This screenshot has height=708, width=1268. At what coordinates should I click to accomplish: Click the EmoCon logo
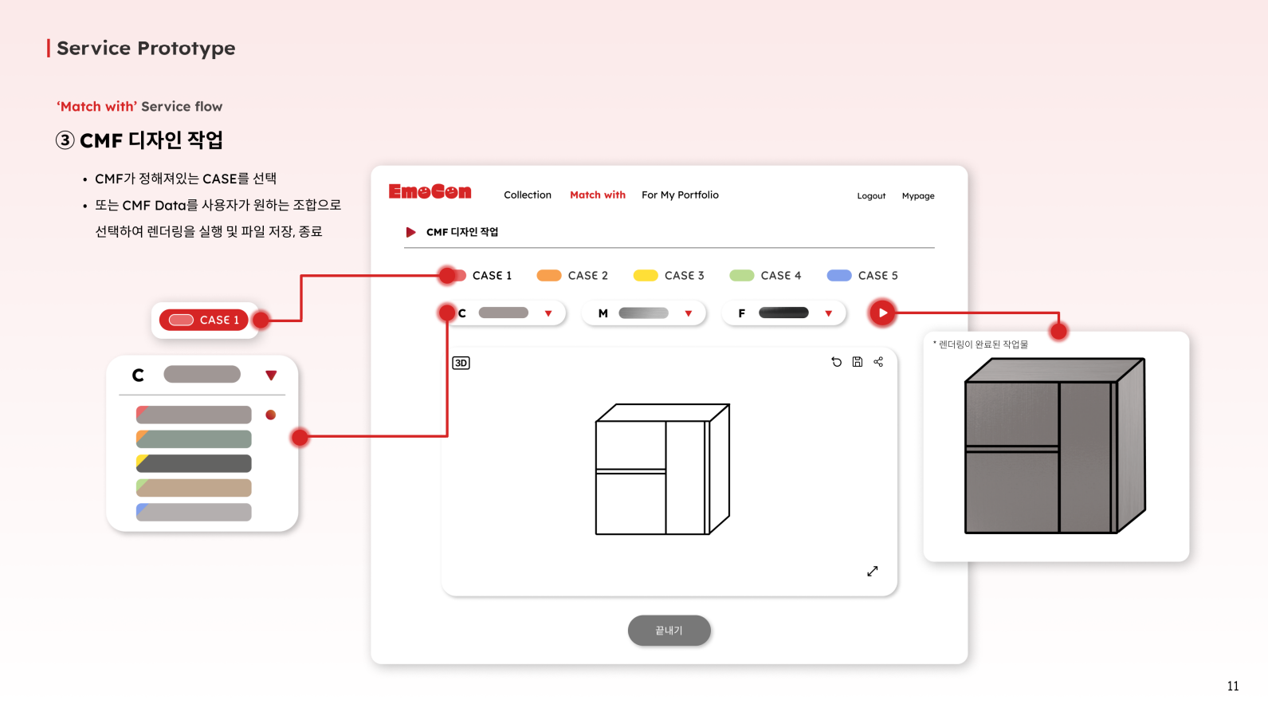[430, 191]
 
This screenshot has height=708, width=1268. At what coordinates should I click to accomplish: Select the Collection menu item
[527, 195]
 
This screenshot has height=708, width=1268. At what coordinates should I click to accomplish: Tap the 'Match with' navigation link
[597, 195]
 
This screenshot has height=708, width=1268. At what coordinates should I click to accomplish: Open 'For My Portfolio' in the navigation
[680, 195]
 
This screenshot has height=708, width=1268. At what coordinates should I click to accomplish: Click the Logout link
[870, 196]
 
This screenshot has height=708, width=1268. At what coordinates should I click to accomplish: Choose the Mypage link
[917, 196]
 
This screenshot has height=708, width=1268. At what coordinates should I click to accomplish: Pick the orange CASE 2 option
[571, 275]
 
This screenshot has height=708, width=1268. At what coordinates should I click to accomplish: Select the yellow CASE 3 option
[669, 275]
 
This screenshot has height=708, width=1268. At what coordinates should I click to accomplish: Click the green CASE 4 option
[765, 275]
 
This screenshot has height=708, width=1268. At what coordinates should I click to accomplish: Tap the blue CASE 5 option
[862, 275]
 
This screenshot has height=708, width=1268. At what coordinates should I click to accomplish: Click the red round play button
[882, 313]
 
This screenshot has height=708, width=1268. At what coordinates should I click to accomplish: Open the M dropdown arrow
[689, 313]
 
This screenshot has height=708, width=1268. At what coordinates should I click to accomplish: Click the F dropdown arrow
[828, 313]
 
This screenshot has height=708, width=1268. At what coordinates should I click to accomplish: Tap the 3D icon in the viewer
[461, 363]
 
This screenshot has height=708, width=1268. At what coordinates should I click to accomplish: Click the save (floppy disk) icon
[857, 362]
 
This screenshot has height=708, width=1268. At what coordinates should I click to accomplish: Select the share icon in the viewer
[878, 362]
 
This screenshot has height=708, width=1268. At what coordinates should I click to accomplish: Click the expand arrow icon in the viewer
[873, 571]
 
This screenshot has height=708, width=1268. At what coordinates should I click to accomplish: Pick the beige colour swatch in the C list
[194, 488]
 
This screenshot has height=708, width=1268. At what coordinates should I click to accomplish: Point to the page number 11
[1233, 686]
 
